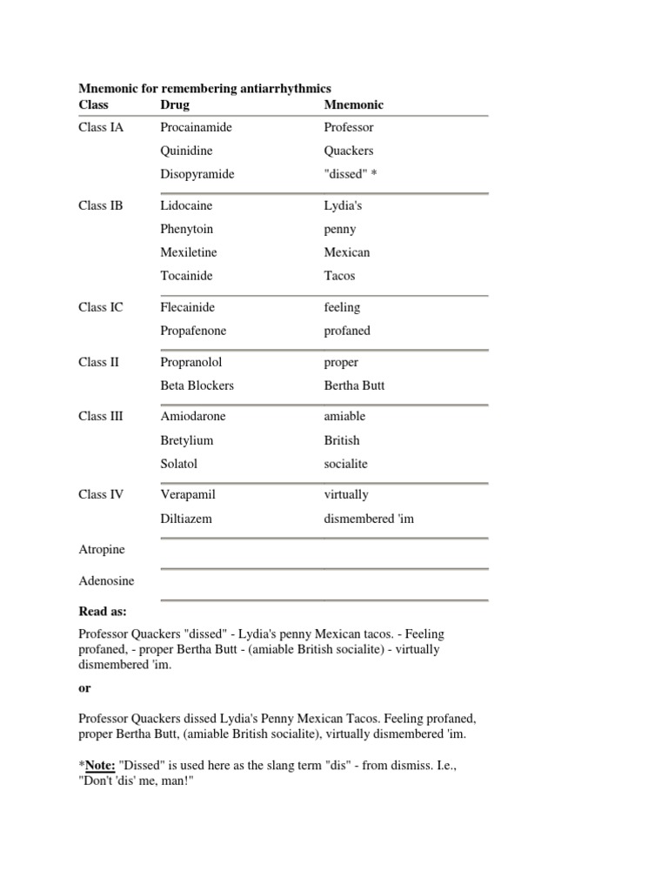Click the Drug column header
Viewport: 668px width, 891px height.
[x=175, y=104]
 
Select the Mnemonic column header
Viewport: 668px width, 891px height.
[x=353, y=104]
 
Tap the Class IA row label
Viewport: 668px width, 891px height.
[x=101, y=127]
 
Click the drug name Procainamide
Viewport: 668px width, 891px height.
[x=196, y=127]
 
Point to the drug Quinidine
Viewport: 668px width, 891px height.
[x=186, y=151]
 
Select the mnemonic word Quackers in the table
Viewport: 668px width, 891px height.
[x=349, y=151]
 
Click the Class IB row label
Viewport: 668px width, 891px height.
[x=101, y=205]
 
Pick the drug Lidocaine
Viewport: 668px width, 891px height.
[x=186, y=205]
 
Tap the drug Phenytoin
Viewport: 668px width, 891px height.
[x=186, y=229]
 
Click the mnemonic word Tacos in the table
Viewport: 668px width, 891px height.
[x=339, y=276]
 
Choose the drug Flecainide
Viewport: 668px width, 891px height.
[x=187, y=307]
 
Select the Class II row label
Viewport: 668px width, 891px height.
[x=98, y=362]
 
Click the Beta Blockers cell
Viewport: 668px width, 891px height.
[x=197, y=385]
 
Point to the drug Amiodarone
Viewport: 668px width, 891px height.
[x=192, y=416]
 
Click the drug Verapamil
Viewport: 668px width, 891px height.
[x=188, y=494]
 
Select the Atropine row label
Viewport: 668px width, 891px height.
[x=102, y=550]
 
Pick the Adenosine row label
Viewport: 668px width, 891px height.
[x=106, y=580]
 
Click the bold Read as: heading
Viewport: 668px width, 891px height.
[x=103, y=612]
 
